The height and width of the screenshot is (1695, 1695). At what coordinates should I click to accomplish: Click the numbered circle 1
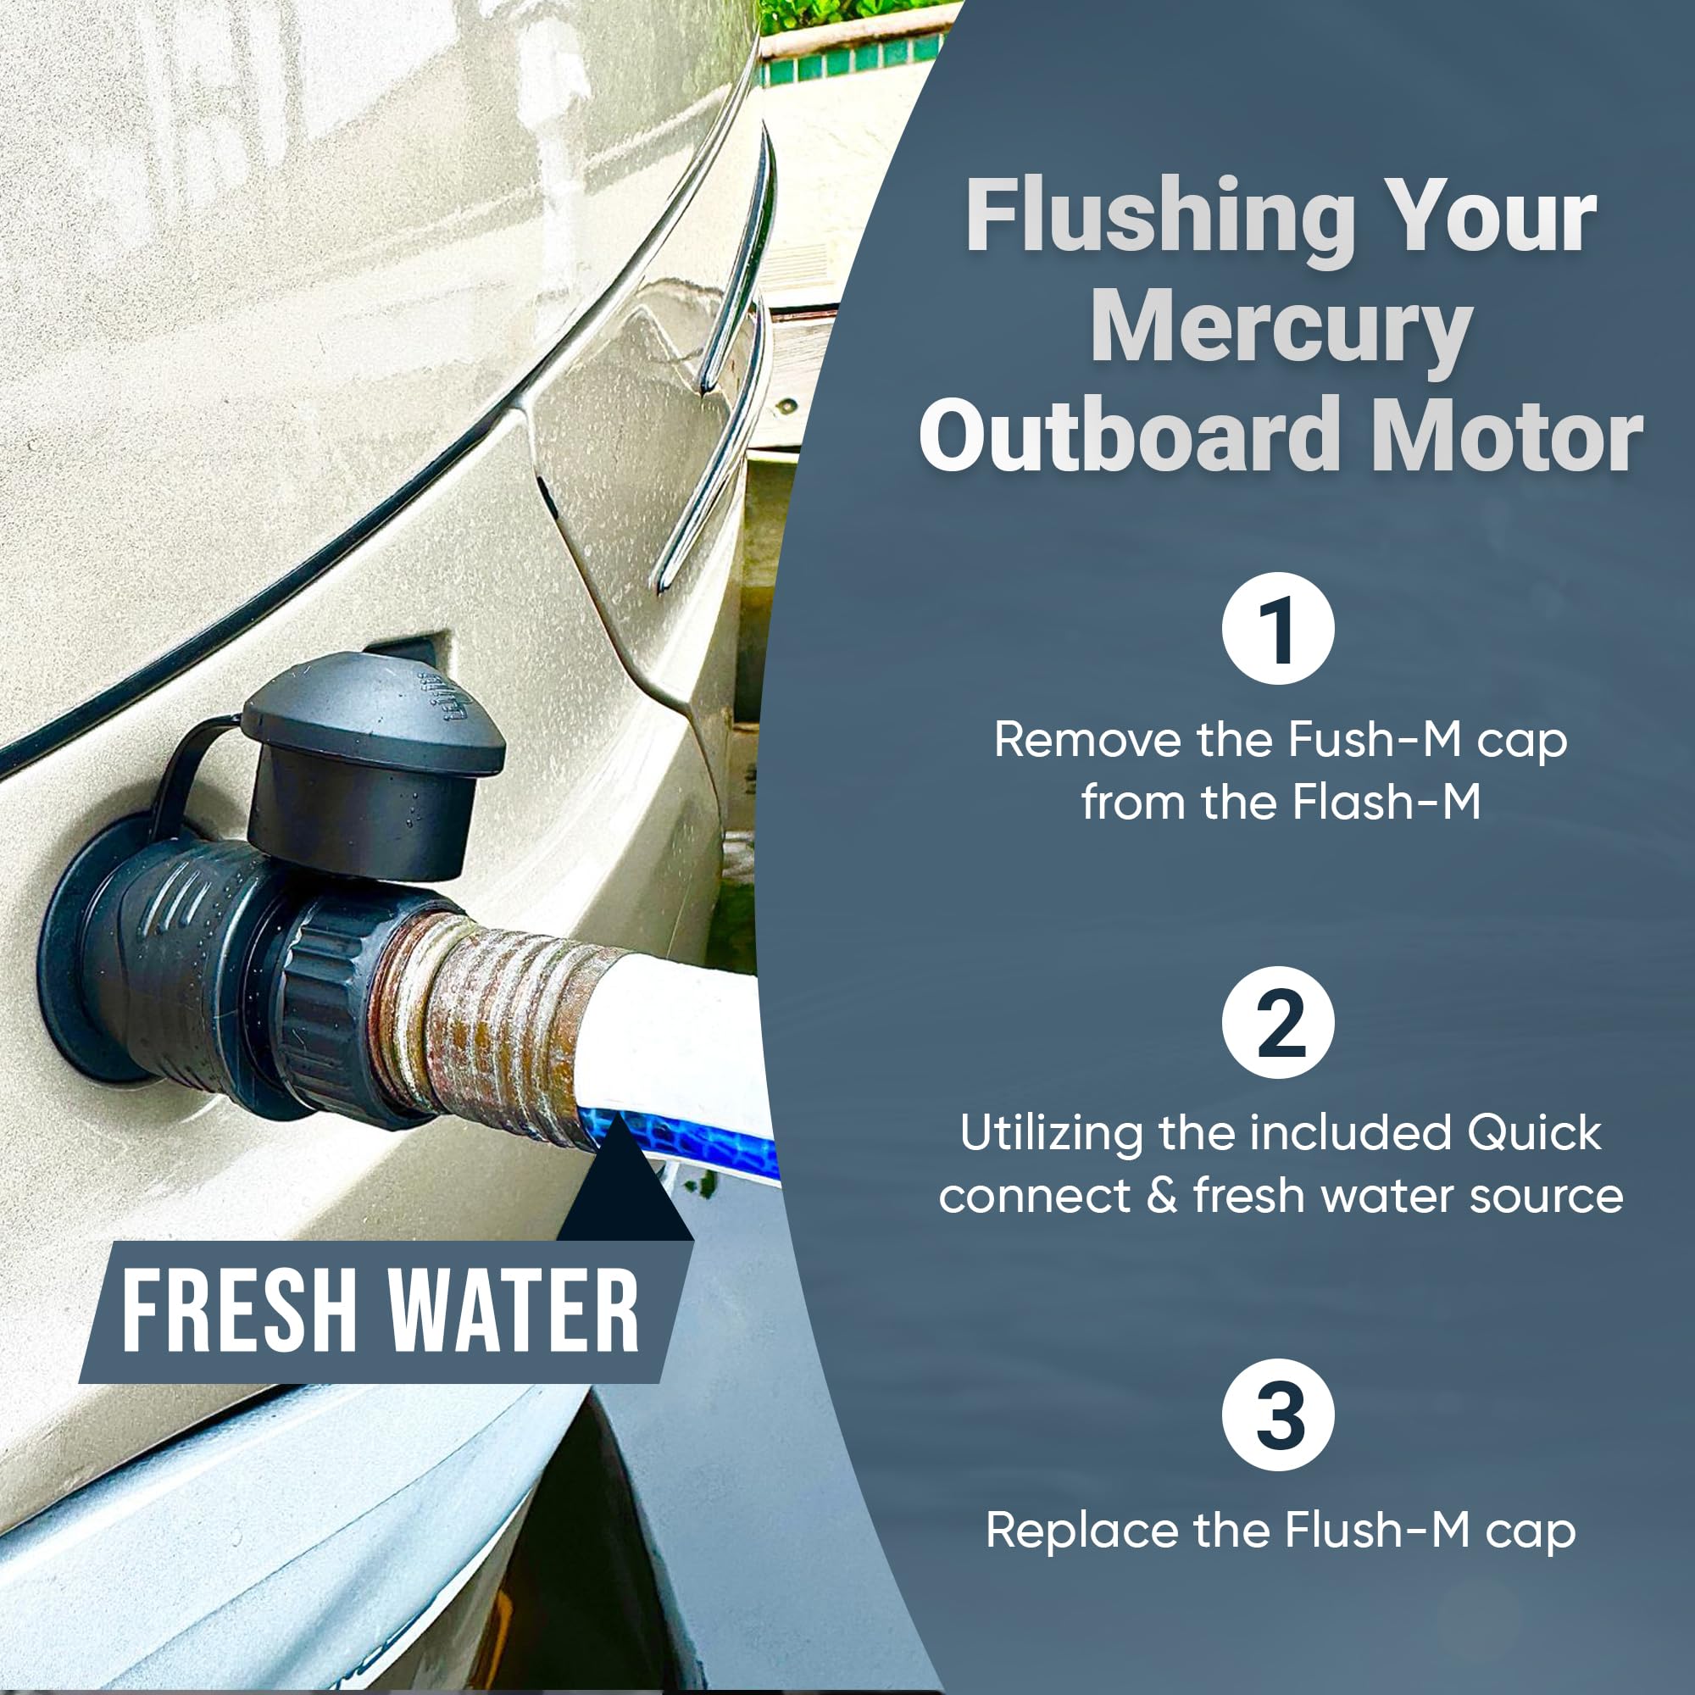click(1277, 629)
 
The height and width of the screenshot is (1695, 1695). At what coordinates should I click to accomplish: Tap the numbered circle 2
click(1277, 1022)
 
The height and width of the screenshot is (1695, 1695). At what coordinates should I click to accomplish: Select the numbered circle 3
click(1277, 1415)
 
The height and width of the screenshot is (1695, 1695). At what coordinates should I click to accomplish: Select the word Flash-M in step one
click(1387, 802)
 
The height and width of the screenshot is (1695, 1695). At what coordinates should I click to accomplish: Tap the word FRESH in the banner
click(239, 1314)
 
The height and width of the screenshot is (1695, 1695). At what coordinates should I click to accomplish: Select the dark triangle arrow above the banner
click(625, 1185)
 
